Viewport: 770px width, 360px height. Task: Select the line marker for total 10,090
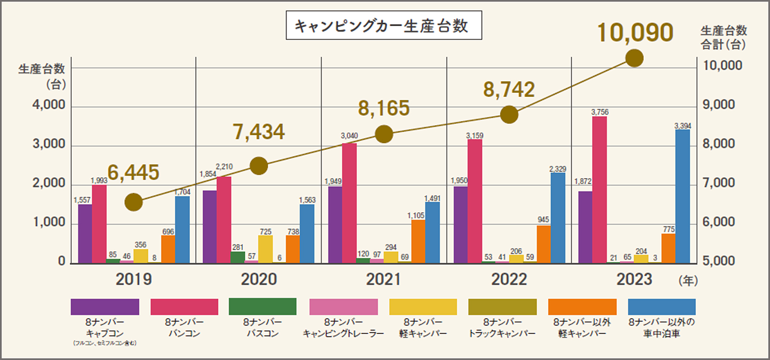point(634,58)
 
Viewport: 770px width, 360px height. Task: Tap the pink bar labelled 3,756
point(599,189)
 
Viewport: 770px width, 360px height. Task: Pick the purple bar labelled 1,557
point(85,233)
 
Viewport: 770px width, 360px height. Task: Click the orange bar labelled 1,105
point(418,241)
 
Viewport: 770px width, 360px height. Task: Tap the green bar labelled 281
point(238,257)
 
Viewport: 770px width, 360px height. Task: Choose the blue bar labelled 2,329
point(558,218)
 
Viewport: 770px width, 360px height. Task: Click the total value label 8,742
point(509,90)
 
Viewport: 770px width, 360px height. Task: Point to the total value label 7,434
point(259,132)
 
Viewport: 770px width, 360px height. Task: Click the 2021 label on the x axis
point(384,279)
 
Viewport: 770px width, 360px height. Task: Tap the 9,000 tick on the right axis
point(718,105)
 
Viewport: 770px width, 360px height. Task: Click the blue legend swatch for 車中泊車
point(661,307)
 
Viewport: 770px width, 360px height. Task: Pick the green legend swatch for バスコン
point(263,307)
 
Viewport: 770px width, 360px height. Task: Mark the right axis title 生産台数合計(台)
point(723,37)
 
